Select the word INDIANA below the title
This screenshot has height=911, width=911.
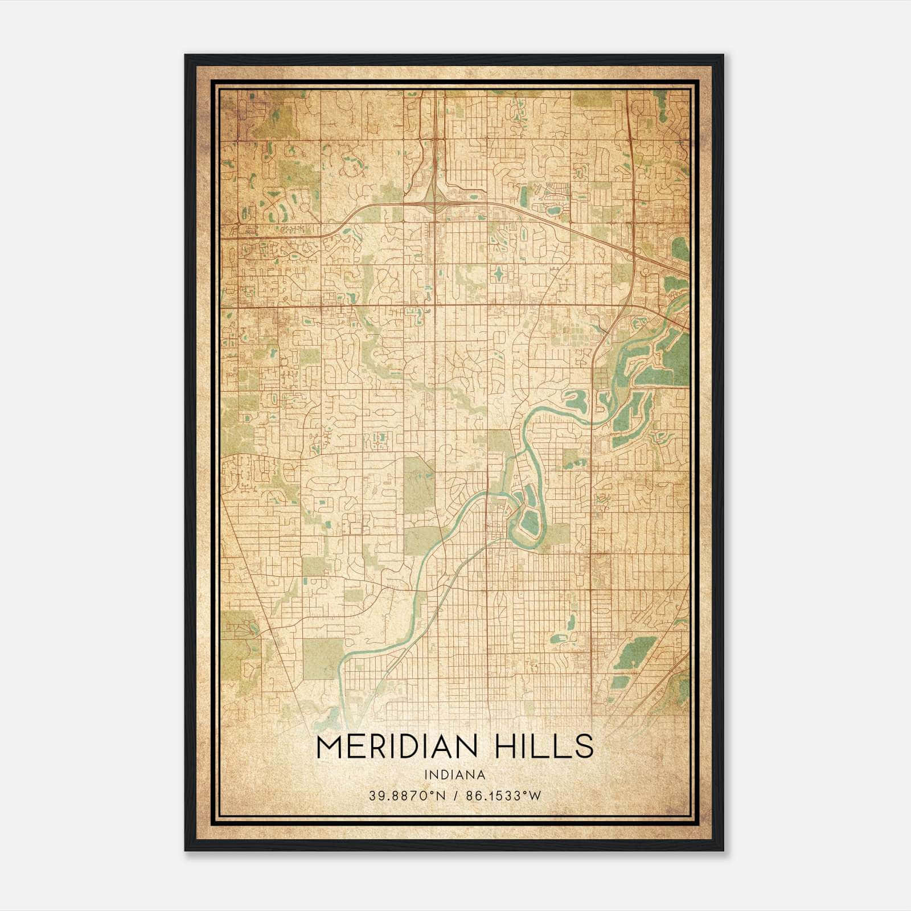click(454, 774)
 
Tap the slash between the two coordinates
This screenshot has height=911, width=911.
click(455, 795)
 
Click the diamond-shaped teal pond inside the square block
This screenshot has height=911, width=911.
click(499, 274)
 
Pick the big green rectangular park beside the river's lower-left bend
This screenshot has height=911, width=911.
click(323, 659)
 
